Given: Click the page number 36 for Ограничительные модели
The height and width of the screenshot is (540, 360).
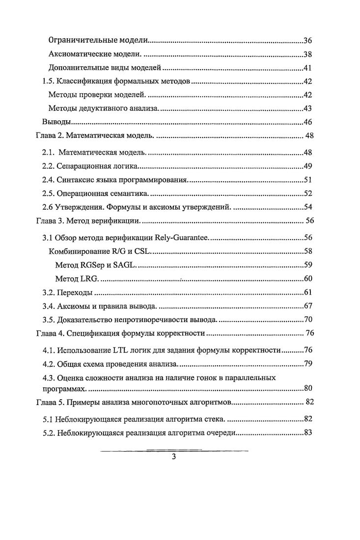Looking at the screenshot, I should (x=308, y=40).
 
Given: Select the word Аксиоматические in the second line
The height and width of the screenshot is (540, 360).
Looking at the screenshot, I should (x=79, y=54).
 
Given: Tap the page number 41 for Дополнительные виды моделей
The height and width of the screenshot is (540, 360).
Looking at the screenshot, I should (x=308, y=68).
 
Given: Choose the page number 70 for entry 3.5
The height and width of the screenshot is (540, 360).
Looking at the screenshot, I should (x=308, y=321).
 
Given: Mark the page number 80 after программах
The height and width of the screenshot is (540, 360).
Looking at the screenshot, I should (x=308, y=389).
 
